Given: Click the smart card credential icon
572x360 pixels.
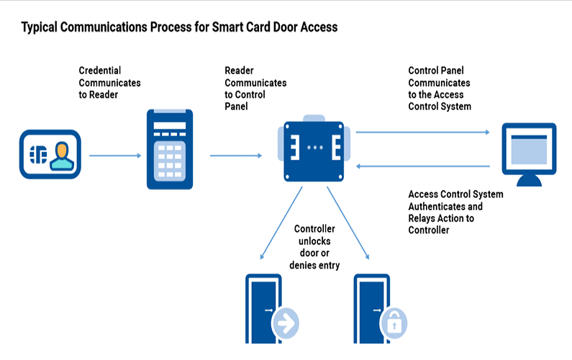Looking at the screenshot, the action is pos(50,155).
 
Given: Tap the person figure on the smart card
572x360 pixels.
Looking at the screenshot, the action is pos(62,156).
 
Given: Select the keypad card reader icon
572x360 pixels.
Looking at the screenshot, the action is pos(170,149).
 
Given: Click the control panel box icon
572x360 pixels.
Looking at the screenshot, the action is pos(314,148).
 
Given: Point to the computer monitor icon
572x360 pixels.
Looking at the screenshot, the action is pos(529,155).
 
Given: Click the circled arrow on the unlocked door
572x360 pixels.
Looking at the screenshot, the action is pos(286,323).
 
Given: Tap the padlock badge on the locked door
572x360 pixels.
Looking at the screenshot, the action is pos(394,323).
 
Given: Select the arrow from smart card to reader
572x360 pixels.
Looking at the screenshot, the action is pos(115,156).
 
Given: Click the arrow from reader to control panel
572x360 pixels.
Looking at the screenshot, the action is pos(236,156).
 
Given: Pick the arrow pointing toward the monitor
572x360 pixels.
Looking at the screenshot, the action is pos(423,132).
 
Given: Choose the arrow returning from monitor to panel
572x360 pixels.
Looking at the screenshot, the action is pos(423,166).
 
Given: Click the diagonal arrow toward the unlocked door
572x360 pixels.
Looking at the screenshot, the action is pos(281,223).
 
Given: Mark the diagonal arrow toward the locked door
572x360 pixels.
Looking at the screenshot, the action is pos(348,223).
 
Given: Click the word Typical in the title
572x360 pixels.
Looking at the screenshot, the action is pos(40,27).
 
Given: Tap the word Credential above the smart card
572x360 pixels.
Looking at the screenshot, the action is pos(100,71).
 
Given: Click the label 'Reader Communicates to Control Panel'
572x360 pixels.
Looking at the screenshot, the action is pos(255,89).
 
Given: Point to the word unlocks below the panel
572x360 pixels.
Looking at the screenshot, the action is pos(314,241).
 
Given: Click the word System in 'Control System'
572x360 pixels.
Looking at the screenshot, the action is pos(456,107).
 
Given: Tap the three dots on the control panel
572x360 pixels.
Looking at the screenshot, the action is pos(315,148).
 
